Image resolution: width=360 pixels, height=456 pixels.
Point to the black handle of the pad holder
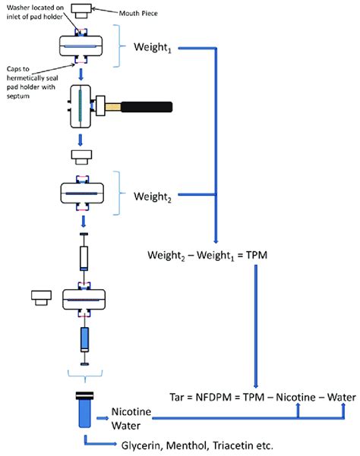pos(144,105)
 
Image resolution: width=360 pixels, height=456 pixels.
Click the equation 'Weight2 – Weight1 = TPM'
pos(205,256)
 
